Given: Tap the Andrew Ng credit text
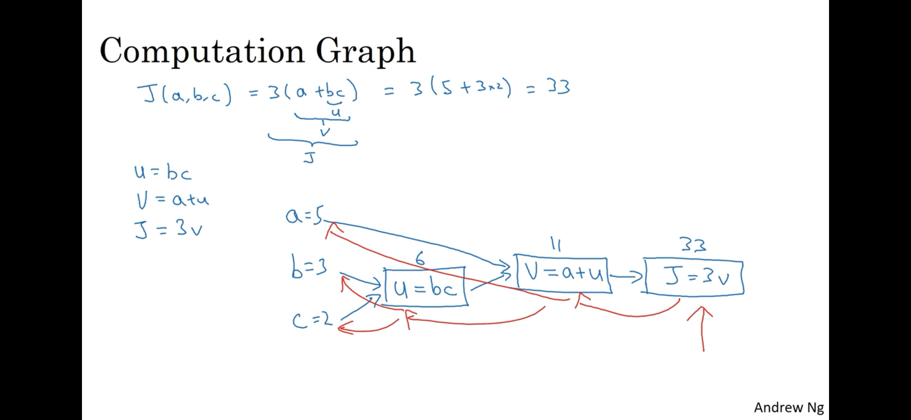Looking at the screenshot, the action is pos(788,407).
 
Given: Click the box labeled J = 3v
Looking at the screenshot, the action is pos(694,278).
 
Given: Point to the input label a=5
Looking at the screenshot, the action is pos(304,216).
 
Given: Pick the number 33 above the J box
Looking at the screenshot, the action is pos(693,245).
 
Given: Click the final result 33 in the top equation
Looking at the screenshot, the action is pos(559,87).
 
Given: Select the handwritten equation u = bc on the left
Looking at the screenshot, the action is pos(163,172).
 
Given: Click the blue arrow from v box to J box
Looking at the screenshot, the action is pos(627,276).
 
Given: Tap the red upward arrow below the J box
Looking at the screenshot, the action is pos(702,328).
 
